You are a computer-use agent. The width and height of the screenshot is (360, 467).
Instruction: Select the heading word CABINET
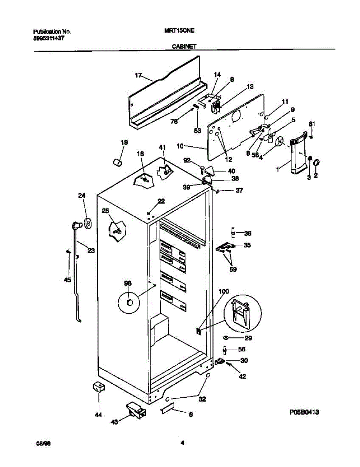tap(184, 46)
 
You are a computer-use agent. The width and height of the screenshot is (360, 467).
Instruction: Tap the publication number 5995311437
tap(49, 39)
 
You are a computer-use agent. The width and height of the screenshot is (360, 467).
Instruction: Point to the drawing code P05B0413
tap(304, 412)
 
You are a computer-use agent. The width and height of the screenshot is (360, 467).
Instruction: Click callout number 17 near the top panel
tap(139, 76)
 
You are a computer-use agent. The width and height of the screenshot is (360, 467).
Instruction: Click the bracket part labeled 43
tap(135, 411)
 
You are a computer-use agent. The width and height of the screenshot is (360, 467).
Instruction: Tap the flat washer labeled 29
tap(226, 338)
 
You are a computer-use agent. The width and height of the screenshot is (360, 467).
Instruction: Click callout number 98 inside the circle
tap(128, 284)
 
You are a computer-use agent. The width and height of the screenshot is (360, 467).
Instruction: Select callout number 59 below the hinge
tap(233, 269)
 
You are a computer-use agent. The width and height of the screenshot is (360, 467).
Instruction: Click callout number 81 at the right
tap(311, 124)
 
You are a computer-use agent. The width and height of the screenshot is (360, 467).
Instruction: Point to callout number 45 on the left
tap(67, 280)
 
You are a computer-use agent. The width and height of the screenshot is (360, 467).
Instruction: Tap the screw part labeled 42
tap(229, 365)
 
